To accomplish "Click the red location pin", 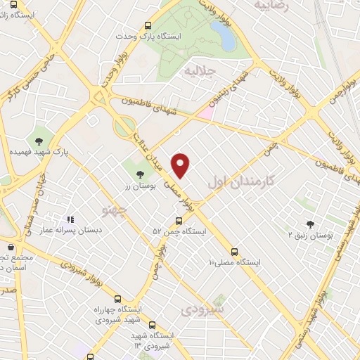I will point(181,165).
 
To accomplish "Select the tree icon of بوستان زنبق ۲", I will point(310,224).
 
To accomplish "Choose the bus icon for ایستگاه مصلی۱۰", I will point(234,252).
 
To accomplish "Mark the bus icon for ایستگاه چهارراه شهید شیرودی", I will point(117,298).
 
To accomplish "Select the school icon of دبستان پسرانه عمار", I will point(70,219).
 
